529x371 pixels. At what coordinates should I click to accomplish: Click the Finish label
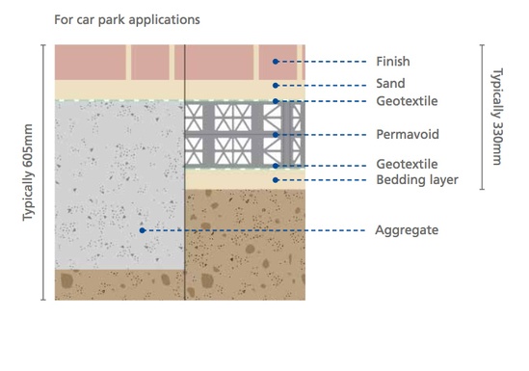pyautogui.click(x=391, y=62)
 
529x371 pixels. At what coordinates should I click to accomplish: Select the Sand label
pyautogui.click(x=388, y=84)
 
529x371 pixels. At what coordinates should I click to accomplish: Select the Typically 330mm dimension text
pyautogui.click(x=496, y=116)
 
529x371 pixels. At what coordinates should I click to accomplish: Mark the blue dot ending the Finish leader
pyautogui.click(x=276, y=62)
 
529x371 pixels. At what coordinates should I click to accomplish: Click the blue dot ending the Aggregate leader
pyautogui.click(x=143, y=230)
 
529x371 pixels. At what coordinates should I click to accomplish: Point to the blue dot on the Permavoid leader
pyautogui.click(x=276, y=134)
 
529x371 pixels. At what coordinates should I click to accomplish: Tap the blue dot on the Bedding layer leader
pyautogui.click(x=276, y=179)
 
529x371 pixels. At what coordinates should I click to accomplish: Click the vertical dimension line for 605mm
pyautogui.click(x=42, y=172)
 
